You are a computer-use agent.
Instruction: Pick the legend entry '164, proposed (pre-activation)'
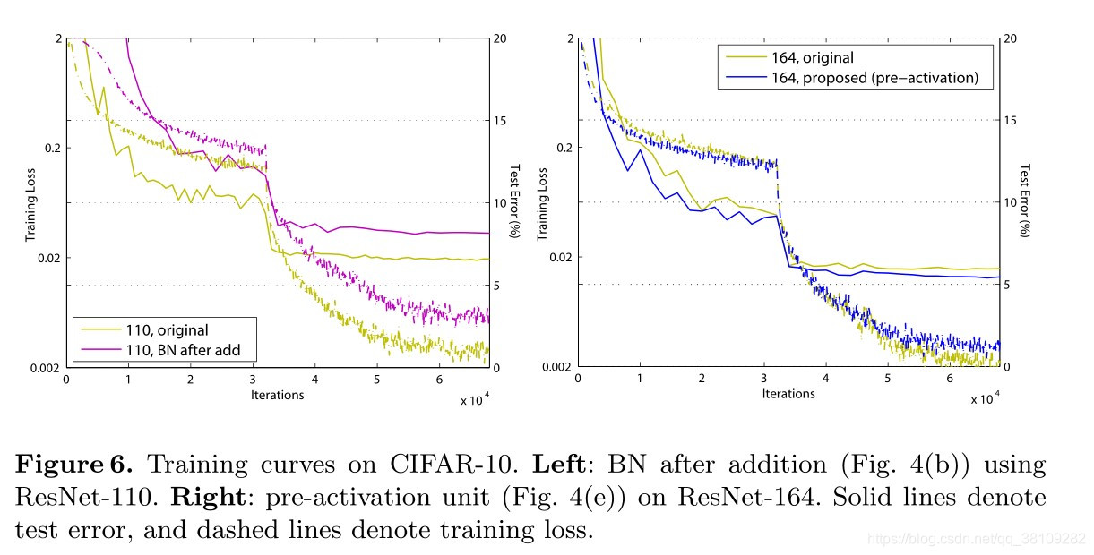point(882,77)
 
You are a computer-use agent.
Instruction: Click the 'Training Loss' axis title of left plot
point(30,203)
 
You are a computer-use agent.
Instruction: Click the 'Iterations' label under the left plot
point(277,394)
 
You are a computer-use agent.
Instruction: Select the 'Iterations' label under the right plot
point(788,394)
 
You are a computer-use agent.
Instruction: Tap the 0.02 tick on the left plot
point(50,258)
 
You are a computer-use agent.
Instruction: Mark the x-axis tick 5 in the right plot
point(888,380)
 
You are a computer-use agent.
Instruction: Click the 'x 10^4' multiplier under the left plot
point(474,399)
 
